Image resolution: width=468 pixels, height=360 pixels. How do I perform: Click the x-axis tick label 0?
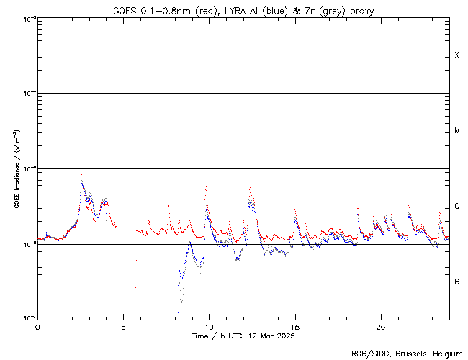(37, 326)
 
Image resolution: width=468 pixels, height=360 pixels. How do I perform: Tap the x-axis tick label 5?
(123, 326)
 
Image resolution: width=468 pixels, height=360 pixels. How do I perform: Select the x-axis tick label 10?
(209, 326)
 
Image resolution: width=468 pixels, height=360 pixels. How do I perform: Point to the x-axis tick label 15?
(294, 326)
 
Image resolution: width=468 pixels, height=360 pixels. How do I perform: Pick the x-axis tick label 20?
(380, 326)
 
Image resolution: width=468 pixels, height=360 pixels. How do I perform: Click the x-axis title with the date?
(243, 336)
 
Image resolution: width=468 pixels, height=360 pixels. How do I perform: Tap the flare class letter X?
(456, 55)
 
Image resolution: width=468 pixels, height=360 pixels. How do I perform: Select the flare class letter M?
(456, 131)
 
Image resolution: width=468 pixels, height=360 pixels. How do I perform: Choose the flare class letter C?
(456, 207)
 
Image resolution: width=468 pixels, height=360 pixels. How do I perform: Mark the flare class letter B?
(456, 282)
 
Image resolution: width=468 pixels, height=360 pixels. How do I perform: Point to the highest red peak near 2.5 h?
(81, 173)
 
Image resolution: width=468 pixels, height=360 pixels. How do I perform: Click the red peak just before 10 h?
(206, 188)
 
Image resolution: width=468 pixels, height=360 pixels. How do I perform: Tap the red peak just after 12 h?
(249, 186)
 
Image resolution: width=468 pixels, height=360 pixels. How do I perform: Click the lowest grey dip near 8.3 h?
(180, 303)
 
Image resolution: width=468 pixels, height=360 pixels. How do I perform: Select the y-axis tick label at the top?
(28, 19)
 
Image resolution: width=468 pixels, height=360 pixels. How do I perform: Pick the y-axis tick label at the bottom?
(28, 318)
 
